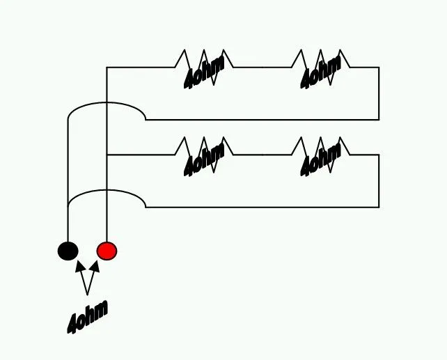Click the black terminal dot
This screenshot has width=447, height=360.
[68, 251]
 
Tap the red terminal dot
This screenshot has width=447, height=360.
[107, 251]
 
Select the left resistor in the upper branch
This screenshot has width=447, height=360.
[204, 68]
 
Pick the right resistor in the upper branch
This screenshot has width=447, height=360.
[321, 68]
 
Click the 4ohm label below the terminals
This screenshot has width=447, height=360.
[88, 317]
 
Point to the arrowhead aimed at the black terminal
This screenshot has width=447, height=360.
[80, 266]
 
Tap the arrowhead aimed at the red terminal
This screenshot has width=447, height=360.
[95, 266]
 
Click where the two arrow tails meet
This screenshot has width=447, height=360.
[87, 295]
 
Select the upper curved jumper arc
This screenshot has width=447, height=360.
[107, 102]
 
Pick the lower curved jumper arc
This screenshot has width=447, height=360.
[107, 190]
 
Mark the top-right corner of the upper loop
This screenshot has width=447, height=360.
[379, 68]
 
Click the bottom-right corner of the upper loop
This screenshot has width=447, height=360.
[379, 120]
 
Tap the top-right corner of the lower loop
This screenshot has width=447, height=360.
[379, 155]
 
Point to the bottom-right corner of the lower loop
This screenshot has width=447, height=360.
[379, 208]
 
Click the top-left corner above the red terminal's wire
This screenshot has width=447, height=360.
[107, 68]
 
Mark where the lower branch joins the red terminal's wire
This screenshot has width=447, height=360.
[107, 155]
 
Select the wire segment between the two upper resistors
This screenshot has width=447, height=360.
[262, 68]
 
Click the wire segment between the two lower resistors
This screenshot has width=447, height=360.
[262, 155]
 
